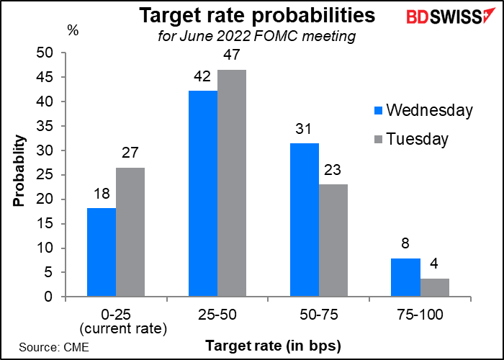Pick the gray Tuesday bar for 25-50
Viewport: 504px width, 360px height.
coord(232,183)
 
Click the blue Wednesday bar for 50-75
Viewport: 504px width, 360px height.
coord(304,220)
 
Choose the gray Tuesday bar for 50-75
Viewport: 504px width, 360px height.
coord(333,240)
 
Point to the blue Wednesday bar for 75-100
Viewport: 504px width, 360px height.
coord(405,277)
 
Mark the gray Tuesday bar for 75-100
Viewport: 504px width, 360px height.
coord(435,287)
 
